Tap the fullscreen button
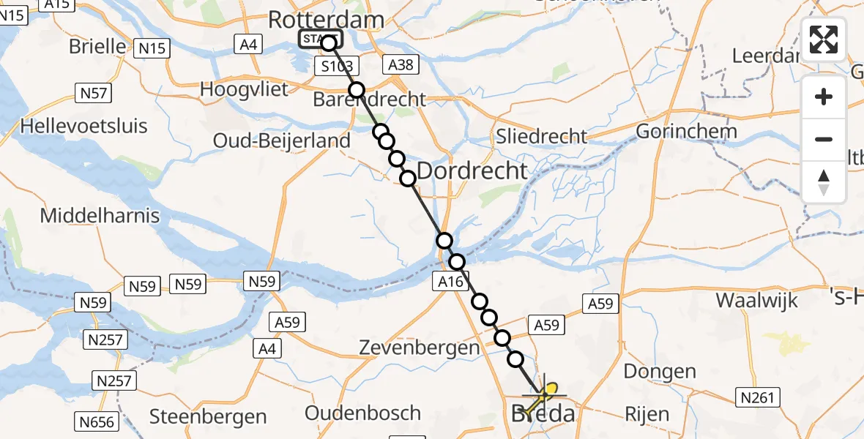824,40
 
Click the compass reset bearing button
824,182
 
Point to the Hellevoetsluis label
83,126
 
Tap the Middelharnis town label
100,216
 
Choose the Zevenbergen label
419,348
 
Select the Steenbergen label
208,417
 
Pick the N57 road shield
93,93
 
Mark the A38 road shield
401,65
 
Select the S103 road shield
338,67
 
